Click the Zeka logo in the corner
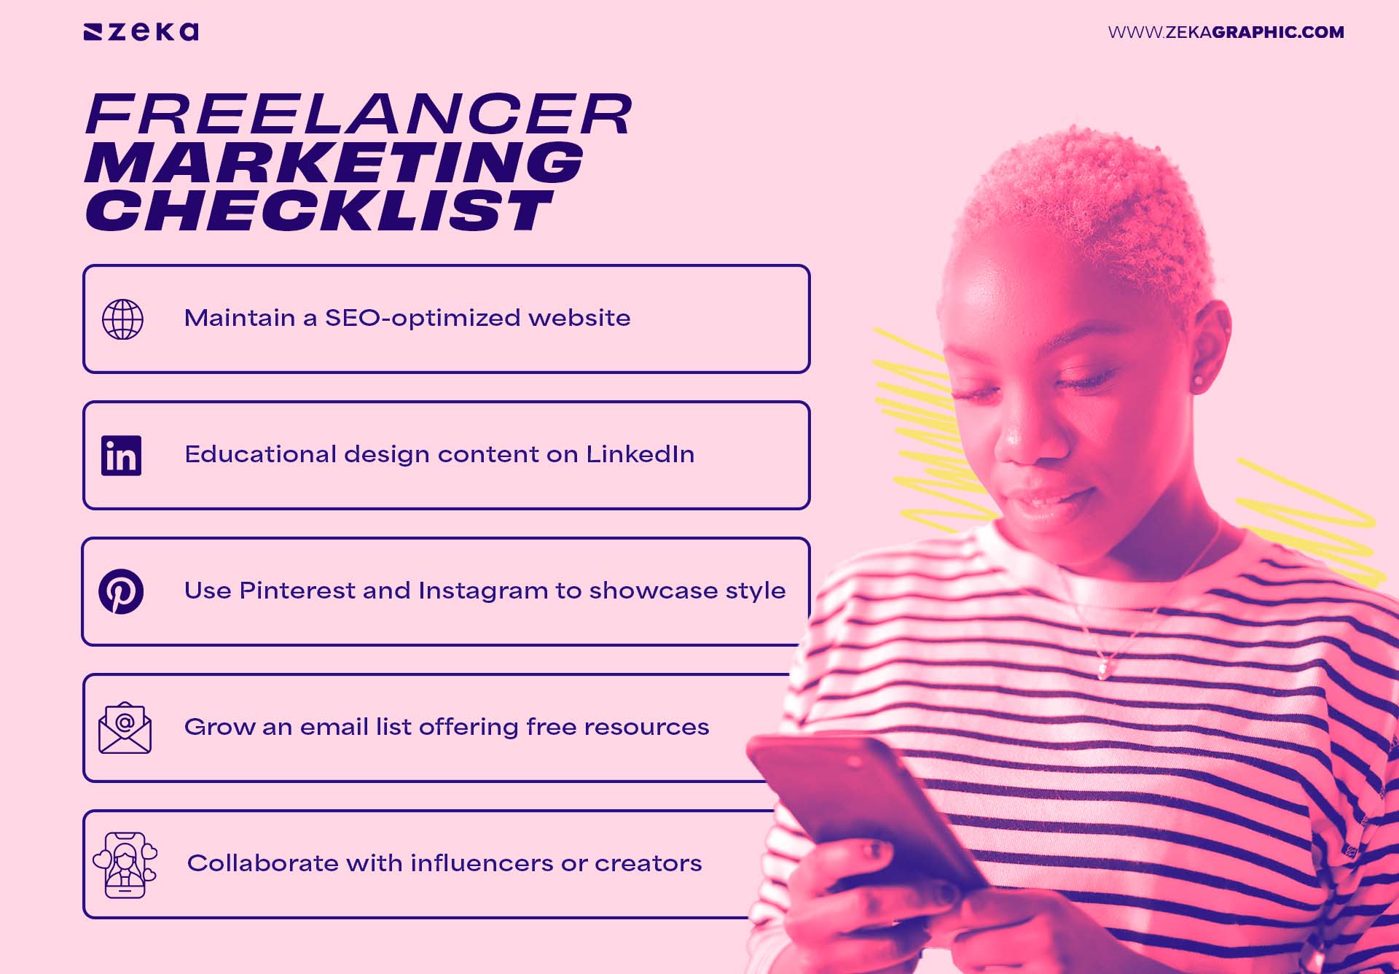(141, 32)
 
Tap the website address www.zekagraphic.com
(1226, 32)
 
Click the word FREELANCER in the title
(358, 114)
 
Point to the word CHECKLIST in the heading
(319, 211)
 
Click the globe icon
(122, 319)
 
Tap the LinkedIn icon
(122, 456)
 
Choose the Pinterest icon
(121, 591)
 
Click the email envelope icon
(125, 728)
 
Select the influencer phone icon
(125, 865)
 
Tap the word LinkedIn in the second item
(640, 454)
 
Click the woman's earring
(1197, 380)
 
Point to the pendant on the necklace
(1103, 667)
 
